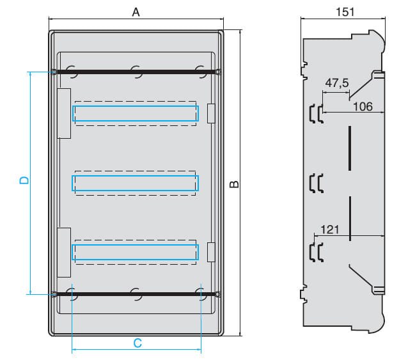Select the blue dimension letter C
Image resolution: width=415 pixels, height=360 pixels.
[x=137, y=343]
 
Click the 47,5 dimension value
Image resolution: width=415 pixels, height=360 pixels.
[x=336, y=83]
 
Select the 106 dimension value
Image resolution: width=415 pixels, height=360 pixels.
[x=363, y=106]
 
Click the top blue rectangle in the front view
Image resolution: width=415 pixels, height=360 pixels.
[x=135, y=113]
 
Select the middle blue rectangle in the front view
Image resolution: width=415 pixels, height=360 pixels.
[x=135, y=184]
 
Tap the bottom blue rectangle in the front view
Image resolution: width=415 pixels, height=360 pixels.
[x=135, y=253]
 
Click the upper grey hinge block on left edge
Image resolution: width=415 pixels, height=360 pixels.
[x=63, y=113]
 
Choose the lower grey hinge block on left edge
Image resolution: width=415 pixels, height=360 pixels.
[x=63, y=252]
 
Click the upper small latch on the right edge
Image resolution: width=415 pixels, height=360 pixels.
[x=212, y=113]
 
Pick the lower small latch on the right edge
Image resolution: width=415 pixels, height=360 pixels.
[x=212, y=252]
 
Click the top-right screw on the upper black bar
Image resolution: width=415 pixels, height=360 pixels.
[x=218, y=72]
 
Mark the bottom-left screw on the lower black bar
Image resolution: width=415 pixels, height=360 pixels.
[x=54, y=294]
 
